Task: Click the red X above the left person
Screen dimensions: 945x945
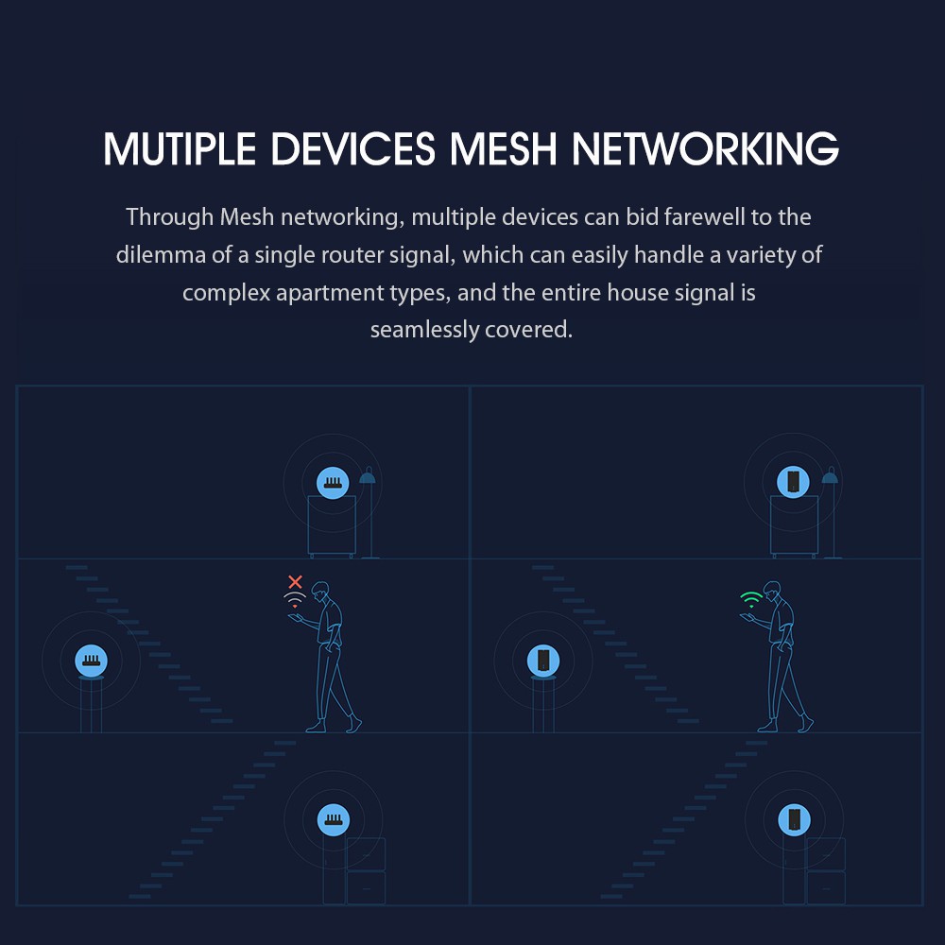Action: pyautogui.click(x=296, y=582)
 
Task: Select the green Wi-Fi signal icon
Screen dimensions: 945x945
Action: pyautogui.click(x=751, y=599)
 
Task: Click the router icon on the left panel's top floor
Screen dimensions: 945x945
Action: pyautogui.click(x=332, y=483)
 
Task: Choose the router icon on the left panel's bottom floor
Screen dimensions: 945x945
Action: pyautogui.click(x=333, y=818)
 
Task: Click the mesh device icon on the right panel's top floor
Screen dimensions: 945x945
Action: pyautogui.click(x=792, y=482)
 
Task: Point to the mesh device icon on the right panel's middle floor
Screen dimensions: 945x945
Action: pyautogui.click(x=543, y=660)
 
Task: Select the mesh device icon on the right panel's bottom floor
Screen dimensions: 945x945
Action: pyautogui.click(x=793, y=818)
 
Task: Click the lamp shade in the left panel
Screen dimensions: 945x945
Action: pyautogui.click(x=368, y=478)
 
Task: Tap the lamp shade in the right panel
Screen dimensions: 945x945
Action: pyautogui.click(x=830, y=478)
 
